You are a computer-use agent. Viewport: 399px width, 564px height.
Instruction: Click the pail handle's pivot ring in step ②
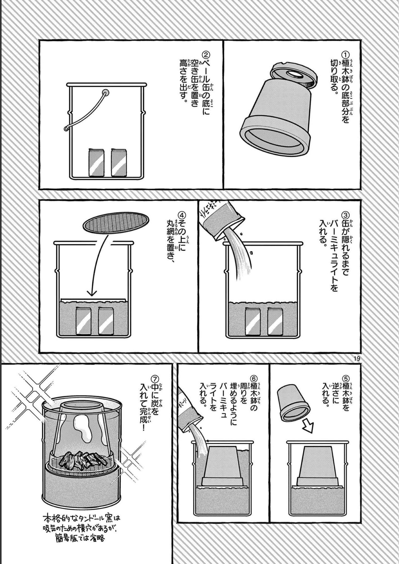point(106,92)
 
